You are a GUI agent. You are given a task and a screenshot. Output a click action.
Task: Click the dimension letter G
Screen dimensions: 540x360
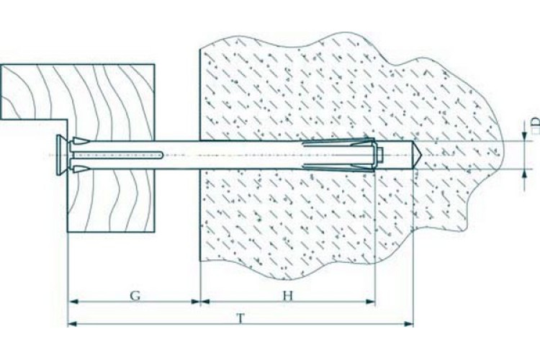point(135,295)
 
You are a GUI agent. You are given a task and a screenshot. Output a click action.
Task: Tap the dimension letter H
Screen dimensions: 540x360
point(288,295)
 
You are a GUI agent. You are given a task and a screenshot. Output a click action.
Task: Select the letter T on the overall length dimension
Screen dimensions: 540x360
point(241,319)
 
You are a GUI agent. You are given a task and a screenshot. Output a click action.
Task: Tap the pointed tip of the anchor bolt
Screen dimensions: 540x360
point(421,155)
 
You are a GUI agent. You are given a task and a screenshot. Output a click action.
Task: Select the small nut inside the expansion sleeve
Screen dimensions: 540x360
point(380,155)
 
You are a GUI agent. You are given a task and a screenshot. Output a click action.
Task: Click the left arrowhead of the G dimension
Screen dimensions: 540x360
point(73,302)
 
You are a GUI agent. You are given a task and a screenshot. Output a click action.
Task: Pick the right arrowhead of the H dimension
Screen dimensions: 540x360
point(370,302)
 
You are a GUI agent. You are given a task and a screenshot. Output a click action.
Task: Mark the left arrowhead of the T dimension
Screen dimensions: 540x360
point(73,323)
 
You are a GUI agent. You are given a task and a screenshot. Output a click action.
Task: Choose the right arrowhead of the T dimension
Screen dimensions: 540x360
point(408,323)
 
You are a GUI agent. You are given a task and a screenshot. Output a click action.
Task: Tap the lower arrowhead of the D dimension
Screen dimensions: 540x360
point(524,174)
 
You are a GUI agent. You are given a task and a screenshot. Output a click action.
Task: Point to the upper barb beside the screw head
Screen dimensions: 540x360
point(81,140)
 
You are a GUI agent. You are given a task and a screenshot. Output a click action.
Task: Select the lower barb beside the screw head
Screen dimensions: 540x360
point(81,168)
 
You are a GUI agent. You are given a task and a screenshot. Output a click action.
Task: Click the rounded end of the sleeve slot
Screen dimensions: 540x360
point(162,155)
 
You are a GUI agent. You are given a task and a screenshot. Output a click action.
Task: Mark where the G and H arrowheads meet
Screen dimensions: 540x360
point(200,302)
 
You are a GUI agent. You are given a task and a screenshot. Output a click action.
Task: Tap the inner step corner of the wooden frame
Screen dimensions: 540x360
point(68,120)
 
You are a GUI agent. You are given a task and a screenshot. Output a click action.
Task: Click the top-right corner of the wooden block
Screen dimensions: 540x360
point(154,64)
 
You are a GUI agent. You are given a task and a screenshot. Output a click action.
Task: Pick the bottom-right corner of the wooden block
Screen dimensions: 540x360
point(154,232)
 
